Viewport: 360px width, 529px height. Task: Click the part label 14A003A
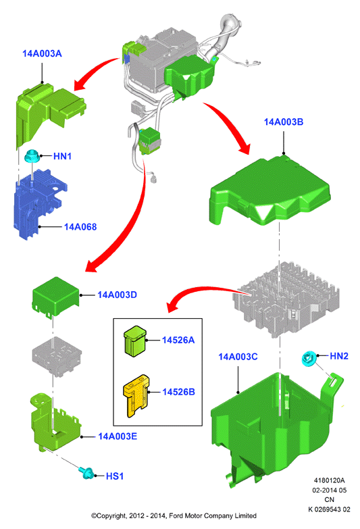point(42,53)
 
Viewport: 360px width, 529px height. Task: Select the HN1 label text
point(62,156)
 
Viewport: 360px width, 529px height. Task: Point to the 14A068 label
point(80,227)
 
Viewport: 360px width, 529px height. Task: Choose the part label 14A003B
point(284,122)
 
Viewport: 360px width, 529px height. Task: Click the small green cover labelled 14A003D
point(55,297)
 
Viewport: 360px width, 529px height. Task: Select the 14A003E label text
point(118,436)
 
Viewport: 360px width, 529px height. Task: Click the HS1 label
point(115,476)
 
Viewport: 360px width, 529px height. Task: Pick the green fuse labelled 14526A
point(135,341)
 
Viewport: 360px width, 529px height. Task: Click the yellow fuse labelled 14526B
point(136,396)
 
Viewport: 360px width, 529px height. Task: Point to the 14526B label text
point(178,392)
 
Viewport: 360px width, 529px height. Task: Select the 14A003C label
point(238,357)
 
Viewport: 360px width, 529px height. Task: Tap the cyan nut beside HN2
point(309,358)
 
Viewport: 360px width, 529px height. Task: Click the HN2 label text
point(339,356)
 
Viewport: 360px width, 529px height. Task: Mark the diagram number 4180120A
point(329,480)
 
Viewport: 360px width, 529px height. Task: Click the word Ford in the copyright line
point(176,515)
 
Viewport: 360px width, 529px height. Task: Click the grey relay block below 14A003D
point(57,356)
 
